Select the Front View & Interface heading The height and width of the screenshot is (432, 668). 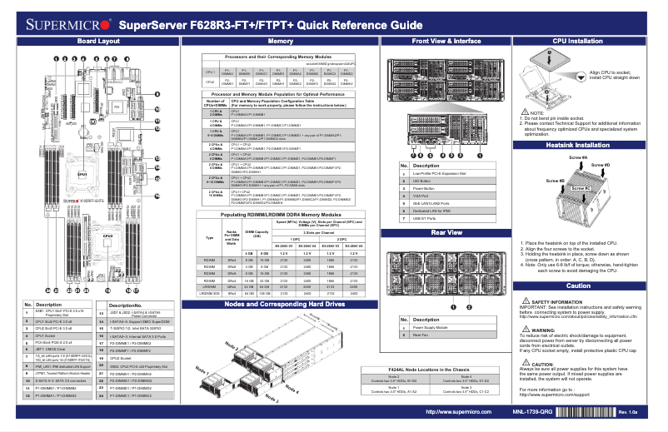point(446,41)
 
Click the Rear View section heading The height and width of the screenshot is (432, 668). point(446,232)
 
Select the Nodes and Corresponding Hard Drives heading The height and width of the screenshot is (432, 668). point(281,305)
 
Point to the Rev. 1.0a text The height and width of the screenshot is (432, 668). point(628,412)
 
